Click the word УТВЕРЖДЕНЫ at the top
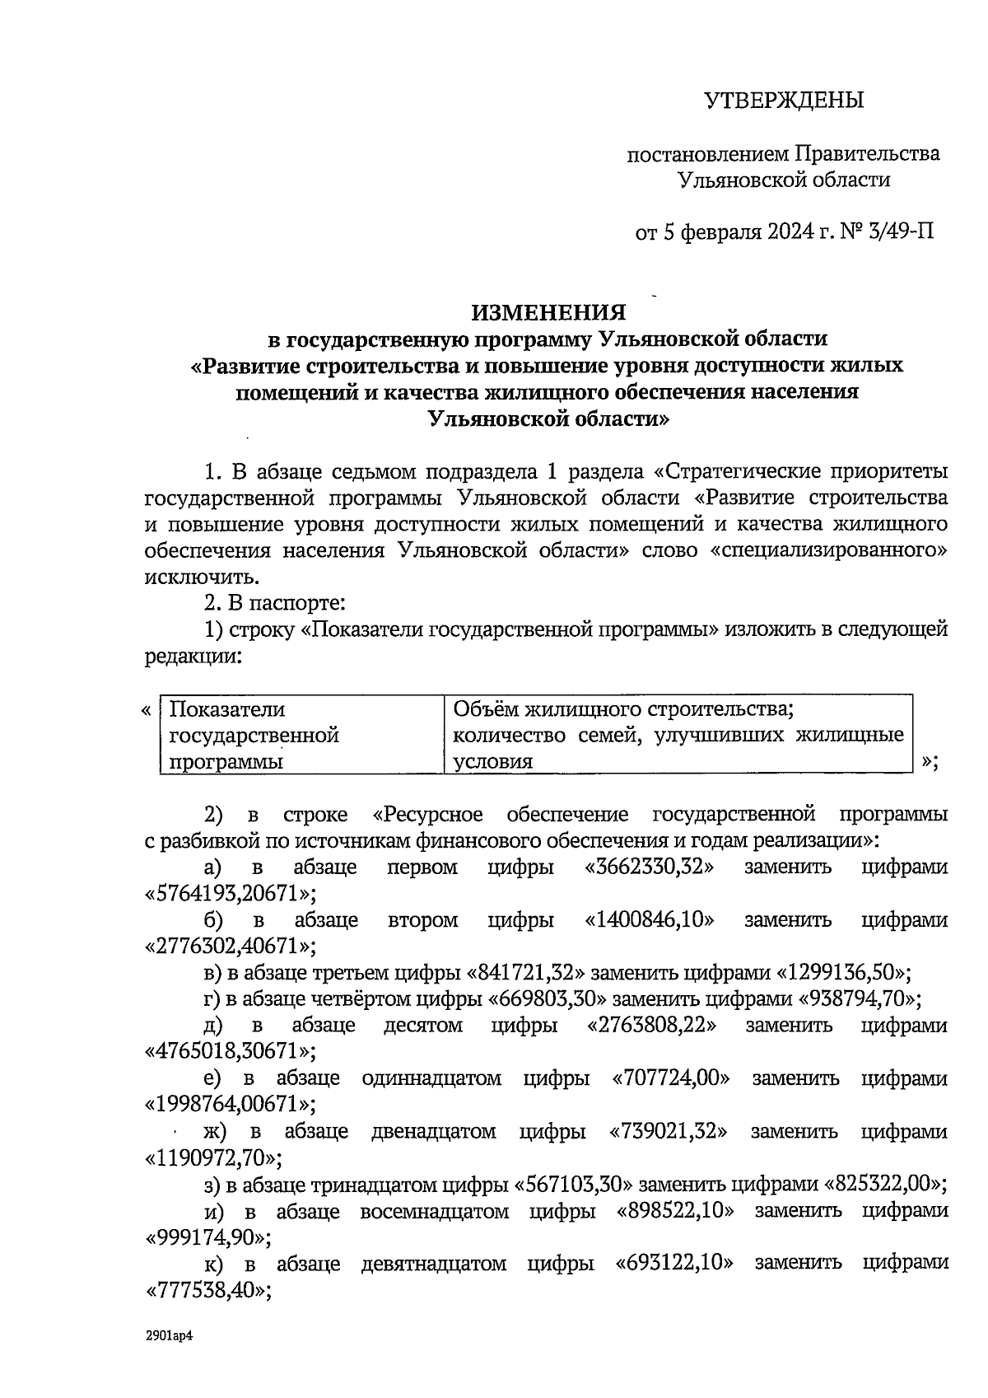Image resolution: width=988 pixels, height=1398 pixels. click(784, 101)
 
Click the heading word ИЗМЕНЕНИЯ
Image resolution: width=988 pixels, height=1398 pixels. click(548, 313)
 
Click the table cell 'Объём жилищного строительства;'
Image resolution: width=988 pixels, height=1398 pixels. click(623, 709)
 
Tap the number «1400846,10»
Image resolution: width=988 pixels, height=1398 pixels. click(650, 920)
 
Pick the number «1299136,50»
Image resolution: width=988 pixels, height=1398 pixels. click(844, 973)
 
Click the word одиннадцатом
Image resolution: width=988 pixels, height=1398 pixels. click(431, 1078)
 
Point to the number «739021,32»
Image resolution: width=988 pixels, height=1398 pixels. click(669, 1131)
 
